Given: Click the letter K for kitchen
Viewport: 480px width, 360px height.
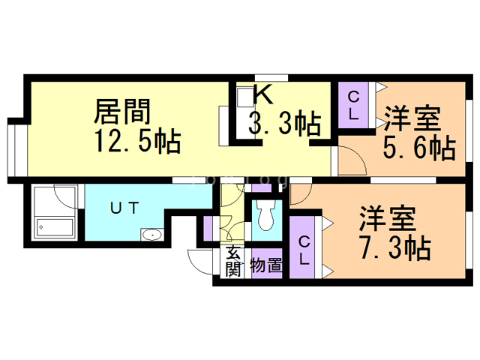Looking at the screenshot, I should [x=262, y=95].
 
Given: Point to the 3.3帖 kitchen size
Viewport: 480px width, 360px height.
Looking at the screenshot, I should [x=285, y=123].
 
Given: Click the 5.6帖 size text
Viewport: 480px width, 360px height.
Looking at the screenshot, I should [x=419, y=148].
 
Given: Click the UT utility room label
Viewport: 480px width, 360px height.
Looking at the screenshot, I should [x=124, y=208].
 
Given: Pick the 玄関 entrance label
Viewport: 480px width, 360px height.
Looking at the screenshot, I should [x=233, y=260].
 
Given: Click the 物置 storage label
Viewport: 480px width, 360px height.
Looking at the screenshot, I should [x=265, y=265].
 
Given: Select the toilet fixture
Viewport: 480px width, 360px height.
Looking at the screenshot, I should [x=264, y=216].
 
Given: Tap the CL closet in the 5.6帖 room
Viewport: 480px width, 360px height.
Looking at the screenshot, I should [x=353, y=105].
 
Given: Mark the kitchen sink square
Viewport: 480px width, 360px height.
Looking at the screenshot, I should [x=245, y=97].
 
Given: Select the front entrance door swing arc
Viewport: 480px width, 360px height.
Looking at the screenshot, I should [x=198, y=262].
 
